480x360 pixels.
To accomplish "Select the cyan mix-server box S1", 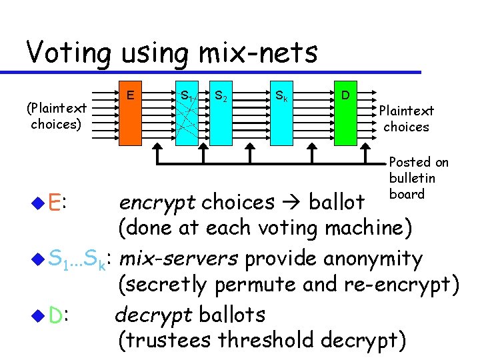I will click(189, 117).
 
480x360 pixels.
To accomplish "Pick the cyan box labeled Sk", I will click(283, 117).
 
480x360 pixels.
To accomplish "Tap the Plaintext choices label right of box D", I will click(406, 119).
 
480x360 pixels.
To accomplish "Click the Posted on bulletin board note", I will click(418, 178).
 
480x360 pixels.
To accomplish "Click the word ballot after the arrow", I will click(337, 201).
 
